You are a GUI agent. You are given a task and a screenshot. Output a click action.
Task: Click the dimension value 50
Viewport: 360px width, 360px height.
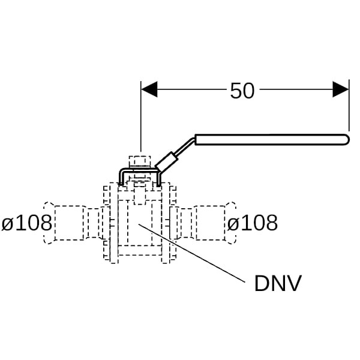point(242,91)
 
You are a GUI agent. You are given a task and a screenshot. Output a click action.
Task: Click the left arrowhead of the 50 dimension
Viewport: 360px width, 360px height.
point(149,90)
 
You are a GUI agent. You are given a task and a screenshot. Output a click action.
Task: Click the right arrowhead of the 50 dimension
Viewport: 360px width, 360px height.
point(341,90)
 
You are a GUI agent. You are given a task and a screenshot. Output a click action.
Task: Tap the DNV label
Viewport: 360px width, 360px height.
point(278,283)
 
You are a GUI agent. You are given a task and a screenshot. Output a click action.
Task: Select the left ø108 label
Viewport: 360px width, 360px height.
point(27,224)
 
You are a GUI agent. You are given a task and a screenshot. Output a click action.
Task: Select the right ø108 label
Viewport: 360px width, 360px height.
point(253,224)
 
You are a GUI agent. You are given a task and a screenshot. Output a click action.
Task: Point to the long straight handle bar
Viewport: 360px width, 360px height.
point(270,139)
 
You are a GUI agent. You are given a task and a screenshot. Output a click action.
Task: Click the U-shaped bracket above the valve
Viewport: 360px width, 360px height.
point(139,172)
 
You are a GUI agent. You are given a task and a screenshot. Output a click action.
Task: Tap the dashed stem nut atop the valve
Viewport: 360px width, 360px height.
point(139,162)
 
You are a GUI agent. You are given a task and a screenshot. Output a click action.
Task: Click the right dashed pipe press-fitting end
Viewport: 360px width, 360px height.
point(207,224)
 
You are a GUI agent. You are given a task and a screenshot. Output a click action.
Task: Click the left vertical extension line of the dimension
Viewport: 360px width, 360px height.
point(140,120)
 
